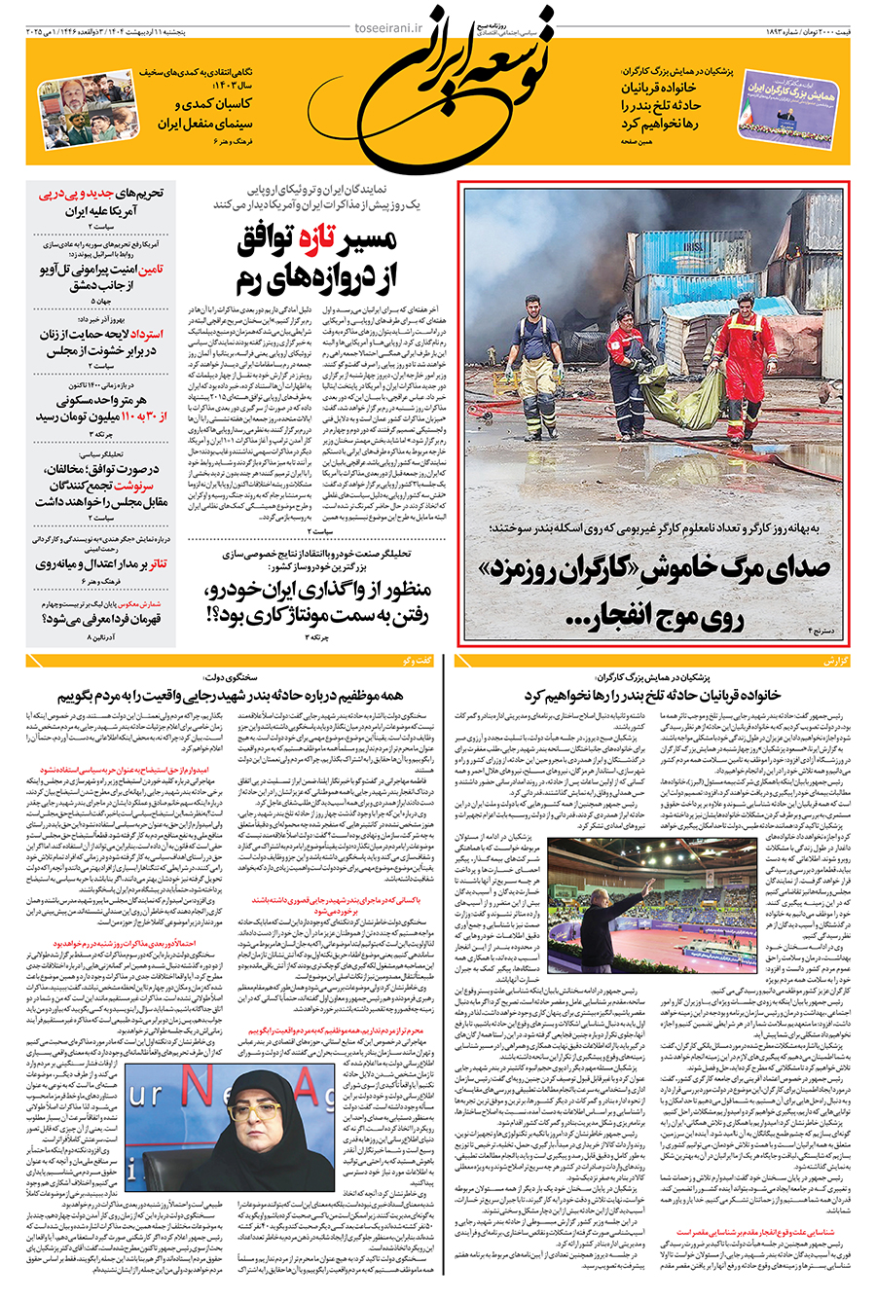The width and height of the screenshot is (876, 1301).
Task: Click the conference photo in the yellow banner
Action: (788, 109)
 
